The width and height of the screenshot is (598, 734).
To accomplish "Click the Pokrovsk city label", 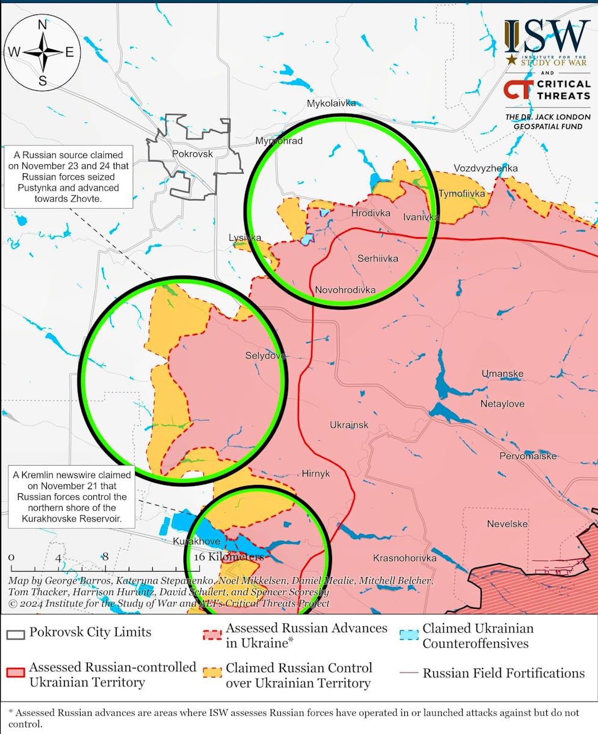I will (x=193, y=153).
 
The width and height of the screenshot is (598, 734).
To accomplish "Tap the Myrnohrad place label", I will (x=279, y=141).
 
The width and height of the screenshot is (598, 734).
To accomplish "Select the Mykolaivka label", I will (x=331, y=103).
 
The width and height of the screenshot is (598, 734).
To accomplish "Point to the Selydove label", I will (x=265, y=356).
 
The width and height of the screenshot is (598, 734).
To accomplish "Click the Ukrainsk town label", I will (x=349, y=425).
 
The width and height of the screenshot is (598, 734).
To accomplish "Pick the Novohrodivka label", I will (x=345, y=290).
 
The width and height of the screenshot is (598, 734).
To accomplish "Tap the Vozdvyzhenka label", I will (x=485, y=168).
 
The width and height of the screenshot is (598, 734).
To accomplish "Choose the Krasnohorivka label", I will (x=404, y=558).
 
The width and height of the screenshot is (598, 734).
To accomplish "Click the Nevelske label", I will (x=507, y=524).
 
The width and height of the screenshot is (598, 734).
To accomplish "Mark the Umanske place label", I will (x=502, y=374).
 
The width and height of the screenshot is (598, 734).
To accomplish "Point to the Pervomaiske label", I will (x=528, y=456).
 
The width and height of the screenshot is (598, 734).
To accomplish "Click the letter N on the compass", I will (x=43, y=25).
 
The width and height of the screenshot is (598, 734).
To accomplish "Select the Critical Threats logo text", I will (x=563, y=90).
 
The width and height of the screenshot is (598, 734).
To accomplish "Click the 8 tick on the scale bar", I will (x=105, y=557).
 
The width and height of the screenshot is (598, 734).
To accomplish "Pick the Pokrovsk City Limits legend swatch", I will (x=16, y=634).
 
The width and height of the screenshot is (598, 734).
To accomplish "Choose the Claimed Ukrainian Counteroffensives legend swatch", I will (x=409, y=634).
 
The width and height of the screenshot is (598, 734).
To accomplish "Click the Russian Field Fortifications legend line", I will (x=409, y=673).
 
